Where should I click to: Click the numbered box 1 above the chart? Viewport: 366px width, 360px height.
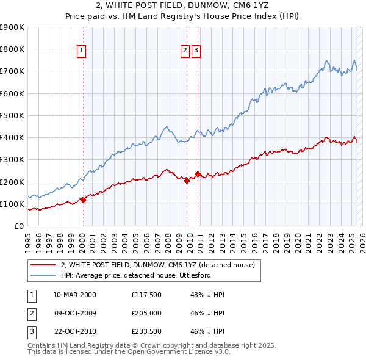tap(82, 51)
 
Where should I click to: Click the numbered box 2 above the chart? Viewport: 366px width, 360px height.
tap(185, 51)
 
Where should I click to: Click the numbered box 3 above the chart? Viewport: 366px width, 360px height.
tap(196, 51)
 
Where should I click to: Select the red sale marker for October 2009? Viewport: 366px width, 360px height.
tap(187, 181)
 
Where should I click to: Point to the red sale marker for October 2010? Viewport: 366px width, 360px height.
tap(198, 175)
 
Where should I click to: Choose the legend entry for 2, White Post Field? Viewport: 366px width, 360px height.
tap(161, 265)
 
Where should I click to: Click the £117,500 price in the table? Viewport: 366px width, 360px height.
tap(146, 295)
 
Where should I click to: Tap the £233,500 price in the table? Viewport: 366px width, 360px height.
tap(146, 333)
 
